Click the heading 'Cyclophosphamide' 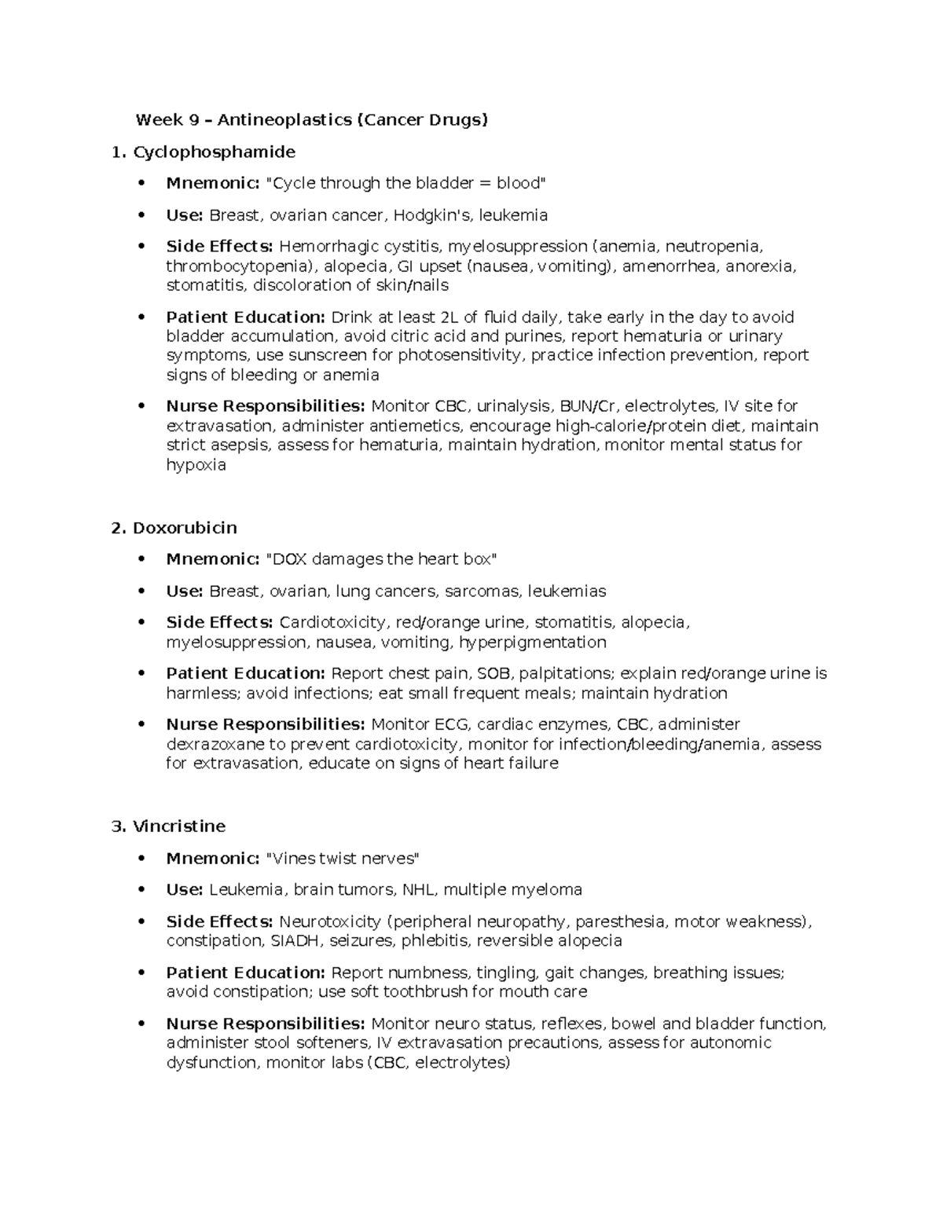tap(214, 152)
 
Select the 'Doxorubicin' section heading tap(185, 528)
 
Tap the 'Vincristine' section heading tap(179, 826)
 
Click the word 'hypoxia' tap(196, 465)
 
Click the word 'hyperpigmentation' tap(533, 643)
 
